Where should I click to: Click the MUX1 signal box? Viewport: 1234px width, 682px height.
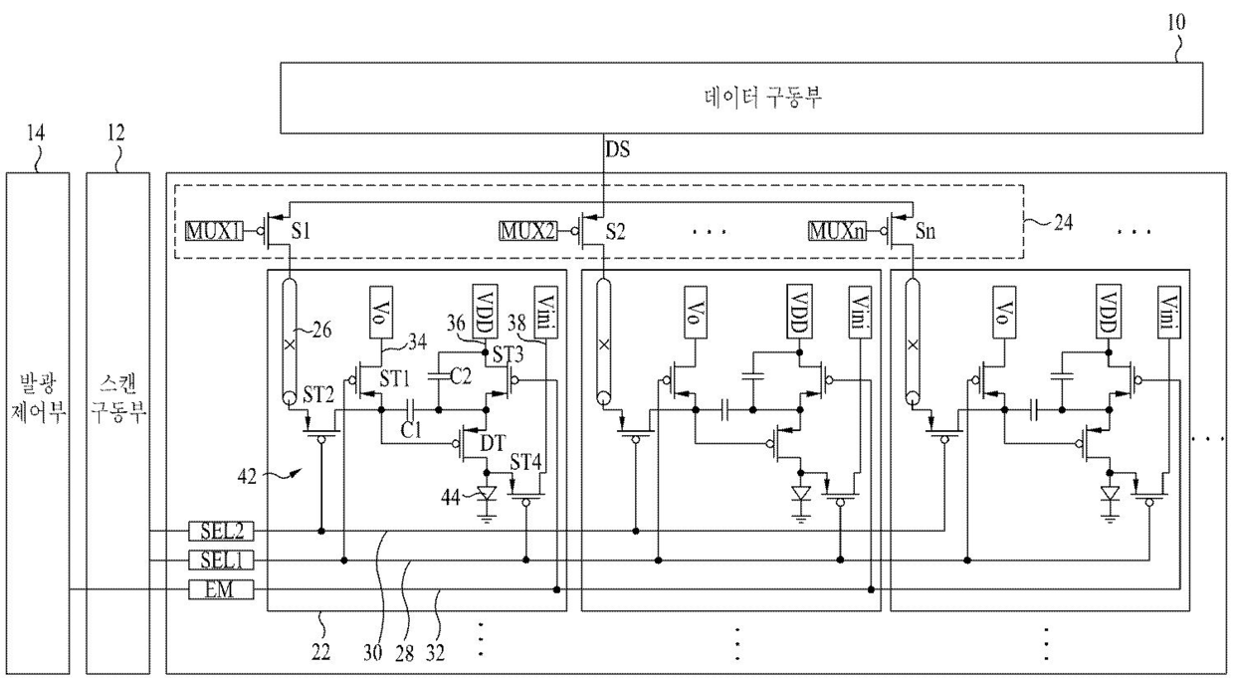[214, 230]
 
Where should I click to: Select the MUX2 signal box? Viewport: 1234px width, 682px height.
[527, 230]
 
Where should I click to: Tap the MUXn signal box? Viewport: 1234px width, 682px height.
[837, 230]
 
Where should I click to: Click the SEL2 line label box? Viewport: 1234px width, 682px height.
[221, 531]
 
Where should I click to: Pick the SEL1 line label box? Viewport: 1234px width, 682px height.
[221, 561]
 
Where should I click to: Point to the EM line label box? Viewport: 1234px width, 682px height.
[221, 589]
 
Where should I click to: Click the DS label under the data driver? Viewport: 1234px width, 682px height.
[618, 149]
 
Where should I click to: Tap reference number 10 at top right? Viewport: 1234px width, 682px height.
[1175, 23]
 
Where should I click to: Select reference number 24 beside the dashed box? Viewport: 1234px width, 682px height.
[1063, 222]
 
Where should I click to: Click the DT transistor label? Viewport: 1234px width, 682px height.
[493, 443]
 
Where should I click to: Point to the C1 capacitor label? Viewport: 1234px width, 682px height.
[411, 429]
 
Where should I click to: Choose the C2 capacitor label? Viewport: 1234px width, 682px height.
[461, 376]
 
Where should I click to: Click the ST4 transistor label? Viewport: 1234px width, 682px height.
[525, 462]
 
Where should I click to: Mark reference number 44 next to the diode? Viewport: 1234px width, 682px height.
[451, 498]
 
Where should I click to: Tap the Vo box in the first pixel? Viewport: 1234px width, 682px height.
[381, 312]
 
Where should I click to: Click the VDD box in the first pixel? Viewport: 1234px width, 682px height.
[486, 312]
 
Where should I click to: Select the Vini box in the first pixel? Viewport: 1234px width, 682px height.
[546, 312]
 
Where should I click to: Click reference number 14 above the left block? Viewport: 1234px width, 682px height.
[36, 132]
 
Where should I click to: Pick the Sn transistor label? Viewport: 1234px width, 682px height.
[925, 230]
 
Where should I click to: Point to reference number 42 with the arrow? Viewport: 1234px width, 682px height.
[247, 476]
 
